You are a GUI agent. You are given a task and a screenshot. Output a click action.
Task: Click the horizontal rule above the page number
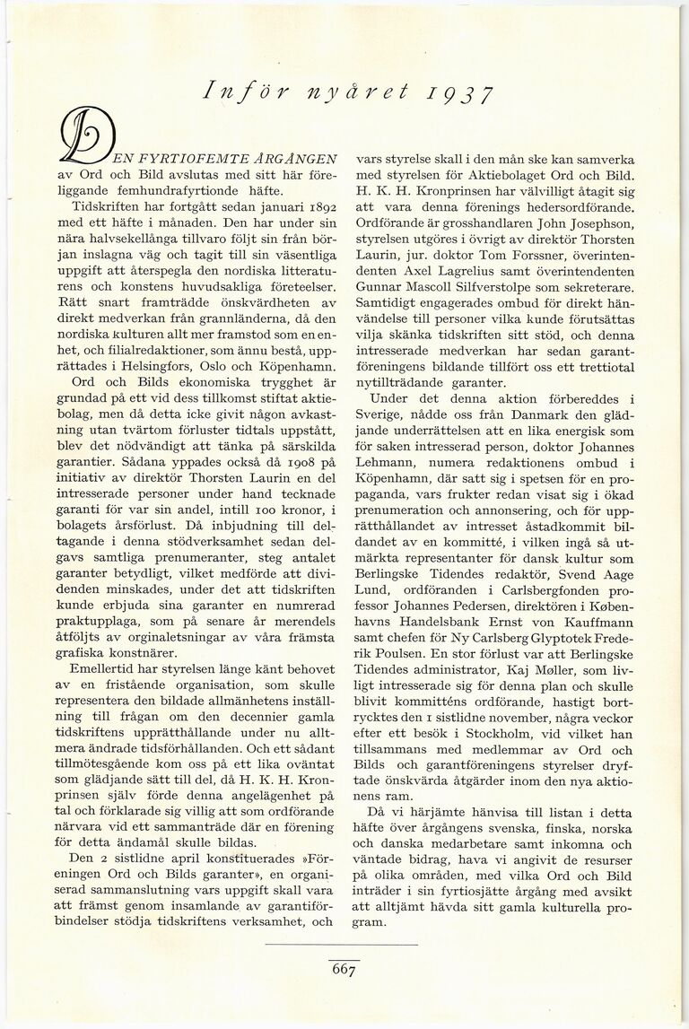pos(344,945)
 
